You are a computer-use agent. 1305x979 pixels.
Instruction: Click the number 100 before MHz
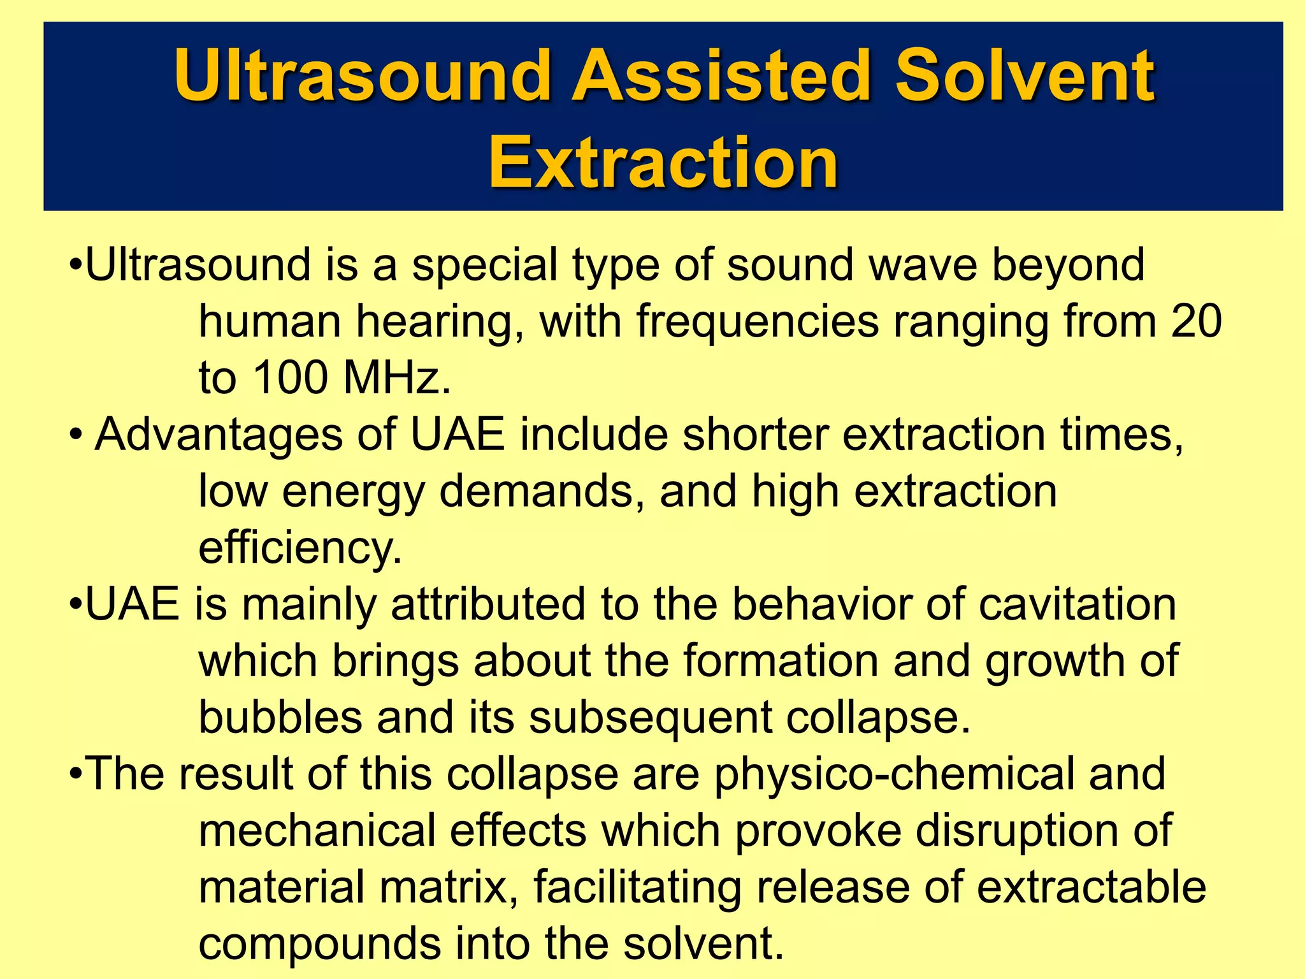[x=290, y=377]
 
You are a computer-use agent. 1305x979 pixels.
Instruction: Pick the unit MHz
[x=396, y=377]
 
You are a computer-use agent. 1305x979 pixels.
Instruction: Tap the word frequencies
[x=758, y=321]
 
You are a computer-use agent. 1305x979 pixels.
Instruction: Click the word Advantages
[x=219, y=436]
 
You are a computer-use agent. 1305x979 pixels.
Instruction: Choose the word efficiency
[x=300, y=548]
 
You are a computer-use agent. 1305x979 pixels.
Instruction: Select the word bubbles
[x=280, y=717]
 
